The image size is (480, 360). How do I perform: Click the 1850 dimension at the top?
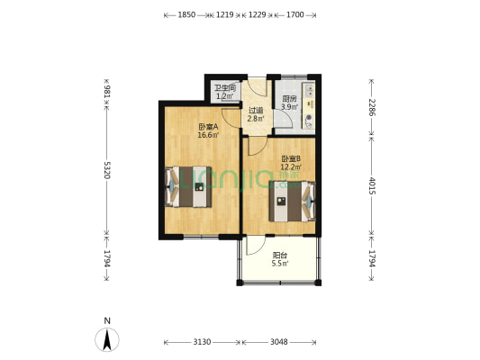pyautogui.click(x=186, y=14)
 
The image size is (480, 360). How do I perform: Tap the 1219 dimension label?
pyautogui.click(x=225, y=14)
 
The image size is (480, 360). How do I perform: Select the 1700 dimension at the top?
pyautogui.click(x=295, y=14)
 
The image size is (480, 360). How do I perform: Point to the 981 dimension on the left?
pyautogui.click(x=107, y=92)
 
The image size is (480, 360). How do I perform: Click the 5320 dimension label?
pyautogui.click(x=107, y=170)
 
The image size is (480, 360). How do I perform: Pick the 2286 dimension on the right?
pyautogui.click(x=372, y=107)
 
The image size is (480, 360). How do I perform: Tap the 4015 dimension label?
pyautogui.click(x=372, y=185)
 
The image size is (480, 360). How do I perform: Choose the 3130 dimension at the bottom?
pyautogui.click(x=202, y=342)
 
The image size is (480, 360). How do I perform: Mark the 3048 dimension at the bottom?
pyautogui.click(x=279, y=342)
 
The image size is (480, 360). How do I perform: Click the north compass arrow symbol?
pyautogui.click(x=107, y=339)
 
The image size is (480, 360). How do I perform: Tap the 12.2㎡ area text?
pyautogui.click(x=291, y=167)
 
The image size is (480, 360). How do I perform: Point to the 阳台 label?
pyautogui.click(x=280, y=255)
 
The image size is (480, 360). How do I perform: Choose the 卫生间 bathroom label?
pyautogui.click(x=225, y=88)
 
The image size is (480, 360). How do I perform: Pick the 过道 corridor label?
pyautogui.click(x=256, y=110)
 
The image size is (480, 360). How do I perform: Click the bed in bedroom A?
pyautogui.click(x=188, y=187)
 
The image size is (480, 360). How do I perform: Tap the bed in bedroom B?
pyautogui.click(x=293, y=202)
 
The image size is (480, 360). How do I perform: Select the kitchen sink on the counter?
pyautogui.click(x=310, y=89)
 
